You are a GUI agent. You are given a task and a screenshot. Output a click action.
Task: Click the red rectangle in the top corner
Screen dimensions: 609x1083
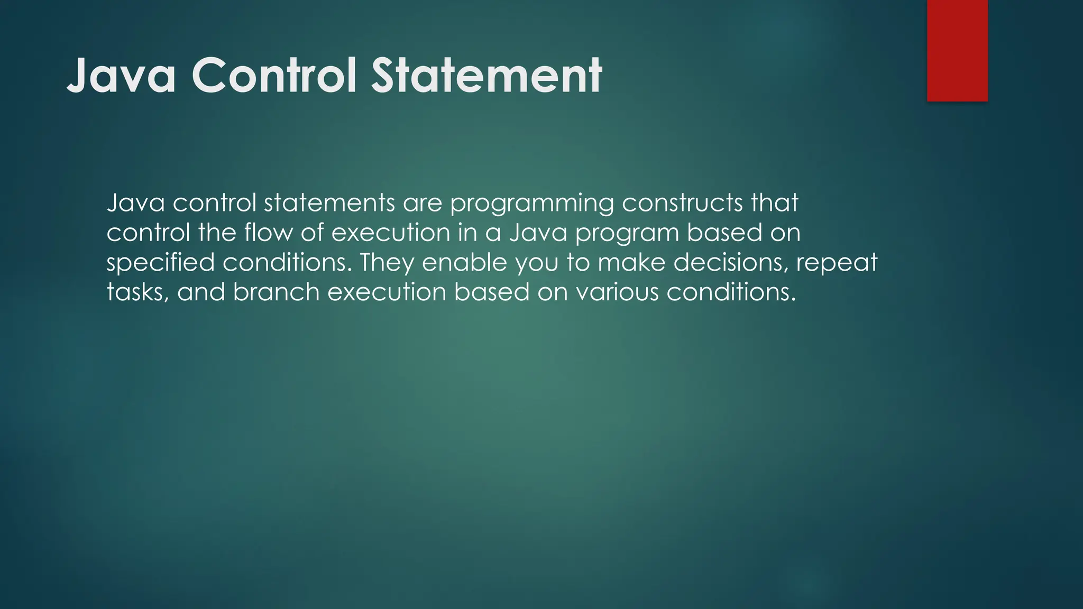click(957, 51)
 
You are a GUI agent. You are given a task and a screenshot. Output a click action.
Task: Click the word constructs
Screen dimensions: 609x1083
click(683, 203)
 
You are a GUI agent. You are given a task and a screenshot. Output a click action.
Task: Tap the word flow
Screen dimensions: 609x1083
click(268, 233)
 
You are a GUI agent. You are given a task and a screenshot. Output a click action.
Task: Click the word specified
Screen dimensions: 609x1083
click(160, 263)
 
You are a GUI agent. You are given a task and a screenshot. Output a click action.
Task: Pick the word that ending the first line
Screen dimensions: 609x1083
click(775, 203)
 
